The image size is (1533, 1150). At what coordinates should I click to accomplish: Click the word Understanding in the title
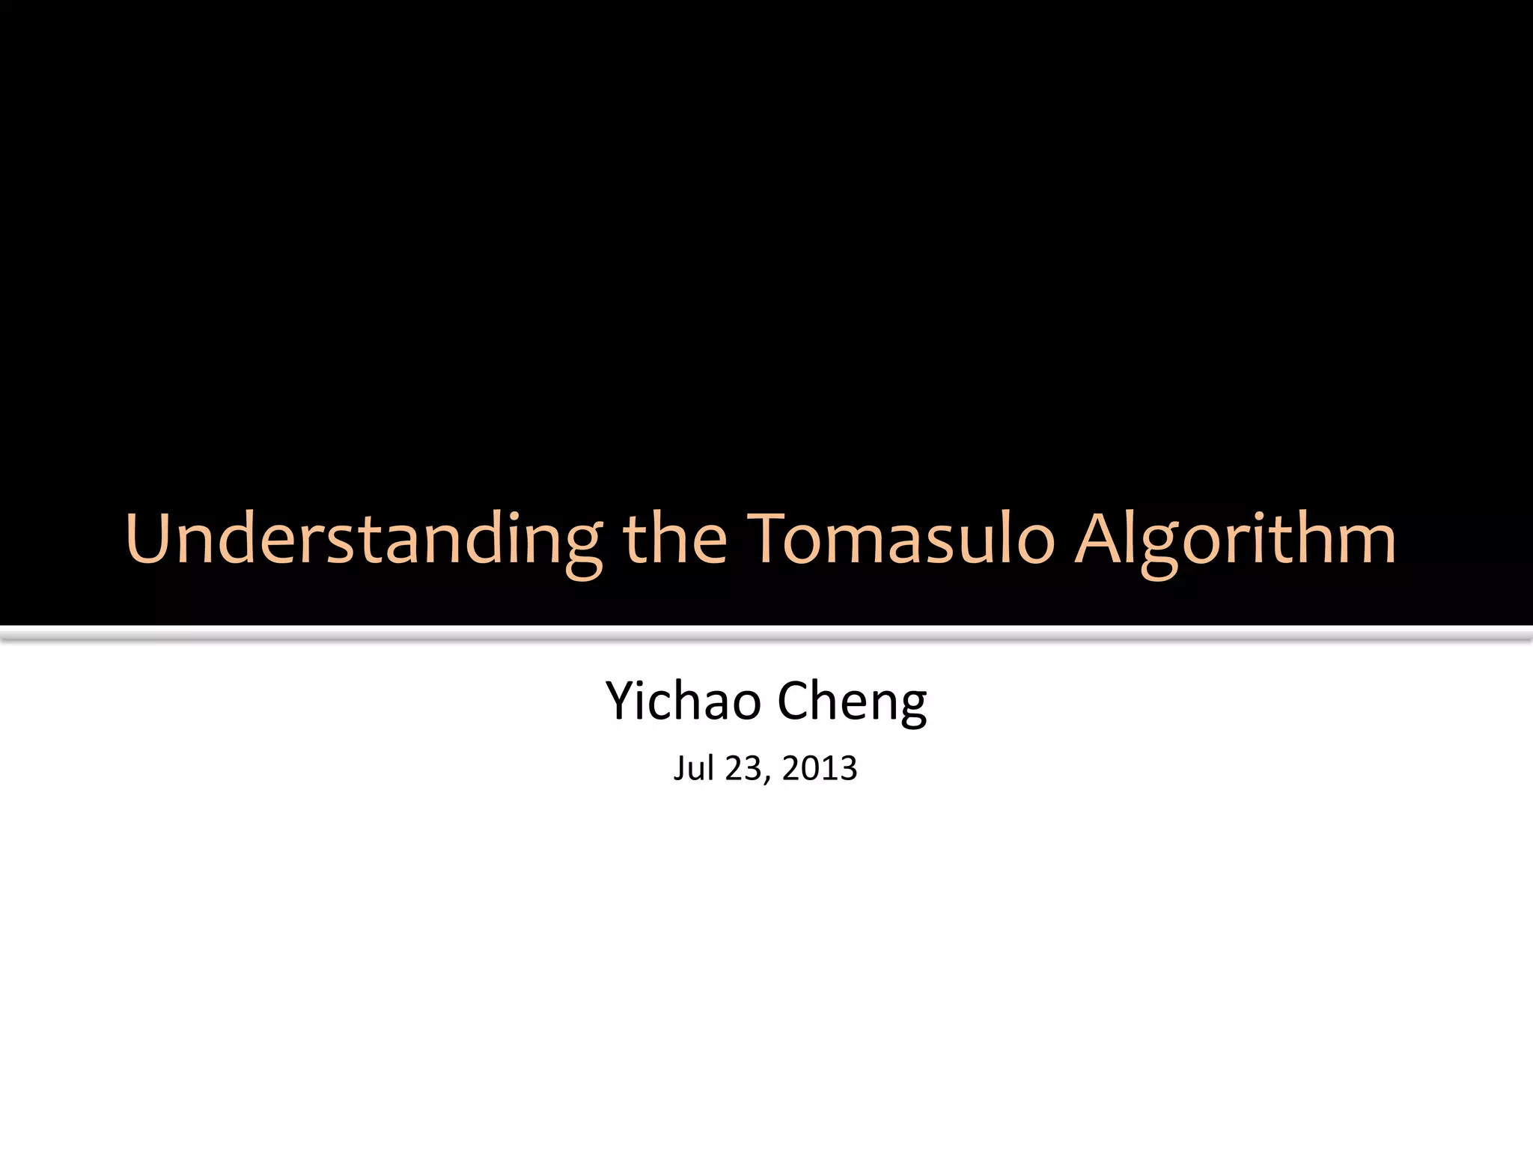point(364,539)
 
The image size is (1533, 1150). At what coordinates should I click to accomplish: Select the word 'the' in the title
point(674,539)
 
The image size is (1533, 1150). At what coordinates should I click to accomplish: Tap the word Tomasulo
point(901,539)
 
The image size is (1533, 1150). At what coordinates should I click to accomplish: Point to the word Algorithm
point(1235,539)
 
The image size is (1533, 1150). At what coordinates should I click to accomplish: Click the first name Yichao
point(683,702)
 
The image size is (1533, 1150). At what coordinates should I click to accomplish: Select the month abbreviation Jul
point(692,768)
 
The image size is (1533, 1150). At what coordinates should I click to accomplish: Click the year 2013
point(820,768)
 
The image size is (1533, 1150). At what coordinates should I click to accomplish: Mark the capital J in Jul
point(679,768)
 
